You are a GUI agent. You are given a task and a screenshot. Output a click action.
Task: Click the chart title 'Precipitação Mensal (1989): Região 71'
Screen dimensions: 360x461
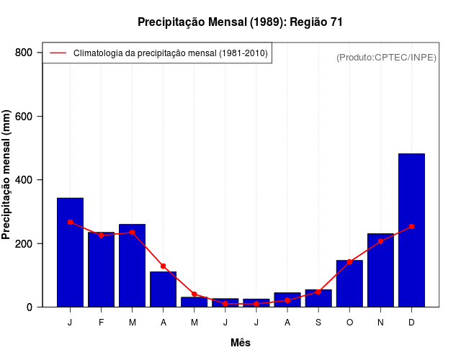tap(240, 22)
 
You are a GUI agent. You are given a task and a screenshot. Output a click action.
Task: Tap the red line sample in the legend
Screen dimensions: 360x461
tap(58, 53)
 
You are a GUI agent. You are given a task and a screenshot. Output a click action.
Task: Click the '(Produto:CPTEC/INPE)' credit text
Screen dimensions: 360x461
tap(386, 57)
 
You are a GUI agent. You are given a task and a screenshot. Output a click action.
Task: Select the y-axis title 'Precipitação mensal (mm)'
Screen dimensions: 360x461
tap(7, 175)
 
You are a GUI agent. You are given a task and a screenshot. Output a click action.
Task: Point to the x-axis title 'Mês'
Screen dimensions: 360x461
tap(241, 343)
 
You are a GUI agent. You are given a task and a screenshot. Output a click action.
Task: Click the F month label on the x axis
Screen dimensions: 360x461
tap(101, 323)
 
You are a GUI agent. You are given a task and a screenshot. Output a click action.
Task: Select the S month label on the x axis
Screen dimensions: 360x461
tap(318, 323)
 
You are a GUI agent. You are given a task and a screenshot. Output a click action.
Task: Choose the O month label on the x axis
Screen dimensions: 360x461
tap(349, 323)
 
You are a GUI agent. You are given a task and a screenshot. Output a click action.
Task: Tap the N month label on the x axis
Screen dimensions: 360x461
tap(380, 323)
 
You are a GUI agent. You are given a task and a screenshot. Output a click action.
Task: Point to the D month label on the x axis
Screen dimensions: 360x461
tap(411, 323)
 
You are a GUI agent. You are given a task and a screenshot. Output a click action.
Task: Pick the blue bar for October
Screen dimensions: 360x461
tap(349, 284)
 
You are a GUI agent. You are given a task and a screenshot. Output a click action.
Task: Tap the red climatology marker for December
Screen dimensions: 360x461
tap(411, 226)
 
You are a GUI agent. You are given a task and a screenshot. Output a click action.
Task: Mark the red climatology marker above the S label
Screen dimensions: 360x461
tap(318, 292)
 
